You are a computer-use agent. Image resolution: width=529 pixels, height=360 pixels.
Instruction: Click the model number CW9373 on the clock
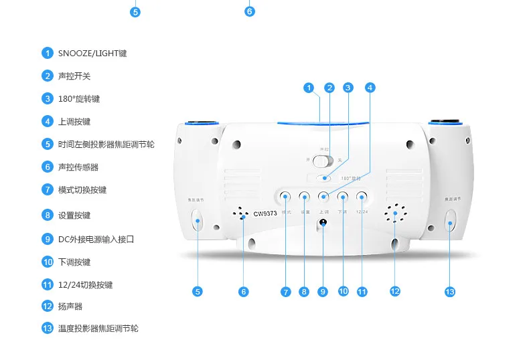[264, 215]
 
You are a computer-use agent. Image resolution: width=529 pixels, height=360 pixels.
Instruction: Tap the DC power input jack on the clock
[323, 223]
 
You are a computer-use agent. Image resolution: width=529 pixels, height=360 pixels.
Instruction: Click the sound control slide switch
[324, 161]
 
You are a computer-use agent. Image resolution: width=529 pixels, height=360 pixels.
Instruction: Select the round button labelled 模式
[285, 197]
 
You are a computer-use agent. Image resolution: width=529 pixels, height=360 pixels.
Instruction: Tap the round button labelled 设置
[304, 197]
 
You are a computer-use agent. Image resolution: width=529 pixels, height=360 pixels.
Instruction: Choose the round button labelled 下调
[343, 197]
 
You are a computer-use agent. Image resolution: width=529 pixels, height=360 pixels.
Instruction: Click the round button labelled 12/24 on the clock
[362, 197]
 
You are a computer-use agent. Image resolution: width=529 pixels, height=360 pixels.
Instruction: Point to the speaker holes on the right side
[395, 214]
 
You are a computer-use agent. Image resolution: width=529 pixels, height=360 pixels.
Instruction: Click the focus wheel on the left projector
[198, 220]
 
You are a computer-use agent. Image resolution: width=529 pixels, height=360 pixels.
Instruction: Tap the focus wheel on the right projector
[450, 219]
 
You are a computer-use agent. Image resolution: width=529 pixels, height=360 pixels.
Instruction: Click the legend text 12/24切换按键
[85, 284]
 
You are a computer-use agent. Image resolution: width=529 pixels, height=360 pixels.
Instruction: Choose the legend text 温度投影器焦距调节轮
[98, 329]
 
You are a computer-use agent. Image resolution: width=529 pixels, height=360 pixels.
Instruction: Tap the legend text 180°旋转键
[79, 98]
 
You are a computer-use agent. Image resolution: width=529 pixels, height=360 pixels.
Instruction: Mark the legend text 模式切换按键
[82, 189]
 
